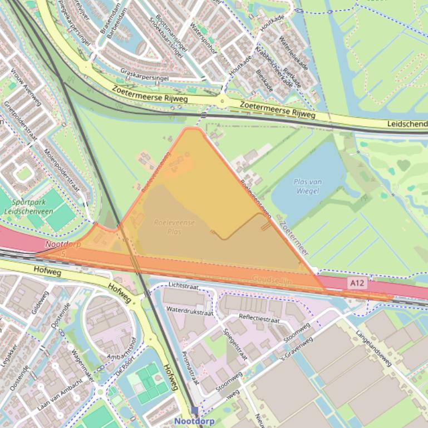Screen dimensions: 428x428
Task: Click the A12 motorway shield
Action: [358, 283]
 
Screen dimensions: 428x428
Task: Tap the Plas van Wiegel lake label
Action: [308, 187]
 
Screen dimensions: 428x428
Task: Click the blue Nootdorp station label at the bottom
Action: [194, 421]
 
